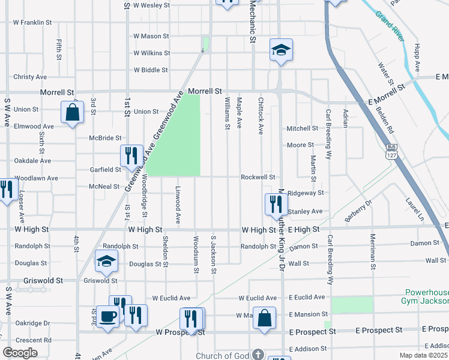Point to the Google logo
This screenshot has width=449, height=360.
click(20, 353)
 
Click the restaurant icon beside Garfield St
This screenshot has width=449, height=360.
click(130, 155)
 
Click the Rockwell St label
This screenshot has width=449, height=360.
click(258, 178)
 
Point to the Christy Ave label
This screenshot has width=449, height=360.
click(30, 77)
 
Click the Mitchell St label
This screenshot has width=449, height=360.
click(302, 128)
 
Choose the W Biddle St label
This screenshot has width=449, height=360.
click(151, 70)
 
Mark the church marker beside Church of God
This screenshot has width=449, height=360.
click(258, 355)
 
